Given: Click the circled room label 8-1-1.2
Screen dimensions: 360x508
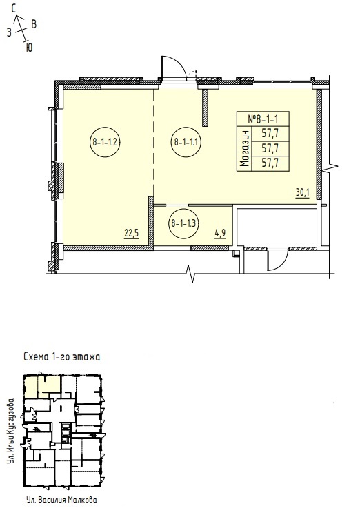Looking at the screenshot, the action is [105, 141].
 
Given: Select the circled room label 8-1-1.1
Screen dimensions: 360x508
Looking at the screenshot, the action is [186, 141].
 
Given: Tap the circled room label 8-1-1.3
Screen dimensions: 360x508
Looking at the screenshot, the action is [184, 223].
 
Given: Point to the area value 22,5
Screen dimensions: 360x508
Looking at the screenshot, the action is [132, 233].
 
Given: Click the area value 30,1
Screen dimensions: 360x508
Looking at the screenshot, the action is [303, 193].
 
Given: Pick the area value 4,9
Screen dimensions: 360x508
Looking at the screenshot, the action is [220, 233].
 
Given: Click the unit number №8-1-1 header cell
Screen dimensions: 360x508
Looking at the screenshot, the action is [263, 119].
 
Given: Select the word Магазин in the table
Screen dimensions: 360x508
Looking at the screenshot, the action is [246, 148].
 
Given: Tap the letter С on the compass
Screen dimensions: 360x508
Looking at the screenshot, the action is [14, 9].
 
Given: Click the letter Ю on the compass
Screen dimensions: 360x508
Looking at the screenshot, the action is [29, 48].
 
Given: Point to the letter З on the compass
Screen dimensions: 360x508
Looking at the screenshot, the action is [9, 32].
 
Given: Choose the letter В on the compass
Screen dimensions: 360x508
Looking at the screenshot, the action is [33, 24].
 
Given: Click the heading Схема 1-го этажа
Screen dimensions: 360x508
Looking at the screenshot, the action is [62, 357].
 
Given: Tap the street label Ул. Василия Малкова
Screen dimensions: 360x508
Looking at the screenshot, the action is [61, 500].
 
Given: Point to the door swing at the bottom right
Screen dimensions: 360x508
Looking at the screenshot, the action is [278, 258].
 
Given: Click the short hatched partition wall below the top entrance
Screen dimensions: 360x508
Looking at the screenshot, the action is [205, 108].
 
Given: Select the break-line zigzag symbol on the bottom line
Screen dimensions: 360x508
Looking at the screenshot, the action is [191, 274].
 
